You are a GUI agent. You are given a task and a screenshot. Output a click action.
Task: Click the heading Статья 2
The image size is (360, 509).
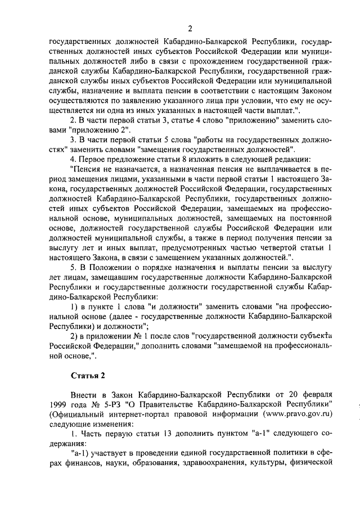[x=85, y=375]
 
